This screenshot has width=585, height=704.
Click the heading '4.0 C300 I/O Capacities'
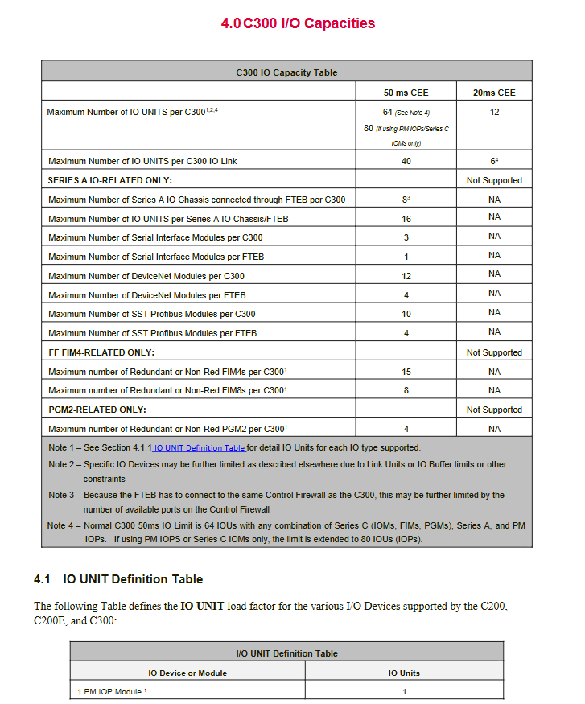click(298, 23)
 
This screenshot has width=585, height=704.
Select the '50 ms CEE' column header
click(406, 93)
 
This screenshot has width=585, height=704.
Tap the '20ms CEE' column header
click(494, 93)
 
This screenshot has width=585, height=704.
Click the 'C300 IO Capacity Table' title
click(286, 72)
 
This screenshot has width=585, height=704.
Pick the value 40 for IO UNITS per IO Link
click(406, 161)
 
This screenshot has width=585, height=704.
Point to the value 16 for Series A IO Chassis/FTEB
click(406, 219)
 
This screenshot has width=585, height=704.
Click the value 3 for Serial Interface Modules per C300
click(406, 237)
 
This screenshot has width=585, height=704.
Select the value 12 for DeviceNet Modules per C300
click(406, 276)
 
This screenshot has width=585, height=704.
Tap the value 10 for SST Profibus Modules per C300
click(406, 314)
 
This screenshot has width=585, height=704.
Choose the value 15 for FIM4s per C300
click(406, 372)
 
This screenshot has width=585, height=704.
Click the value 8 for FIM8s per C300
click(406, 390)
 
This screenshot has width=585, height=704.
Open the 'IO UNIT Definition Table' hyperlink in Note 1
click(200, 448)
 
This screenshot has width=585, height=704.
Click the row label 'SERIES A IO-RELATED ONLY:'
click(110, 180)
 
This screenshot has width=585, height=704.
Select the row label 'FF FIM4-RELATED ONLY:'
click(101, 352)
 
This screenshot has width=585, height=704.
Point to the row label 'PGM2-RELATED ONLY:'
click(97, 410)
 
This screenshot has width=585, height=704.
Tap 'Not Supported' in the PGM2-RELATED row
click(494, 410)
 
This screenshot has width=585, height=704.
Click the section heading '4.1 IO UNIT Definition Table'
click(118, 579)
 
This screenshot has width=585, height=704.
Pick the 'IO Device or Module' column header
click(187, 673)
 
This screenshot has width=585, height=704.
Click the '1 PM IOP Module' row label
click(110, 691)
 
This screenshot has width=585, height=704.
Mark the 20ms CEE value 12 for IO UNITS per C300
click(494, 112)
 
